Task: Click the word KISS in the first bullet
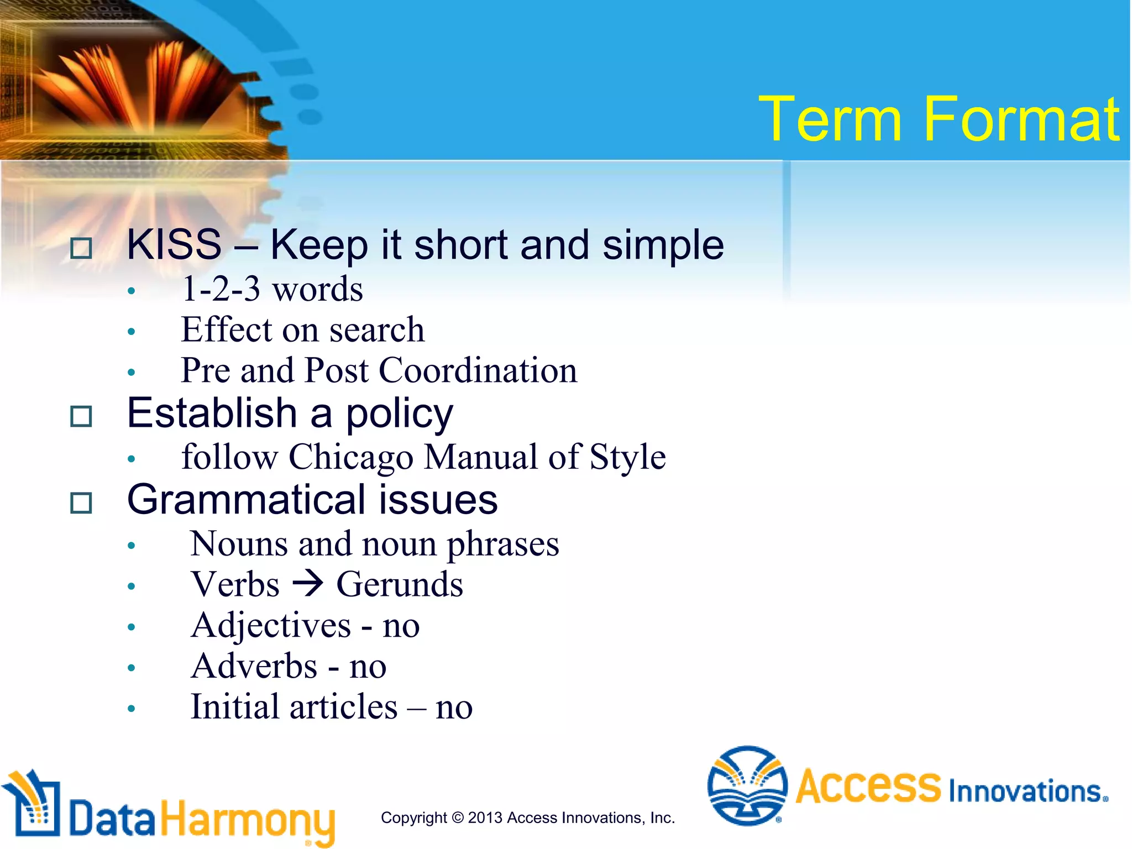click(174, 244)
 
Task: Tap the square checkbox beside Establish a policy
click(81, 416)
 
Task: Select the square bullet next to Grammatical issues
click(81, 503)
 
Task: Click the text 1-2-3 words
click(272, 289)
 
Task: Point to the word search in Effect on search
click(377, 330)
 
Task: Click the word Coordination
click(478, 370)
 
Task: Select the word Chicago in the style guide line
click(350, 458)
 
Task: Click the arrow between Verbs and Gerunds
click(307, 584)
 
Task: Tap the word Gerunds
click(400, 585)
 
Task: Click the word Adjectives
click(271, 626)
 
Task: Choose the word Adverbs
click(254, 667)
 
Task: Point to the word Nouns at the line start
click(239, 544)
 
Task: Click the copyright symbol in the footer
click(458, 817)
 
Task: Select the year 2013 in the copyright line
click(485, 817)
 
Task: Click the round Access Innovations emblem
click(747, 785)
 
